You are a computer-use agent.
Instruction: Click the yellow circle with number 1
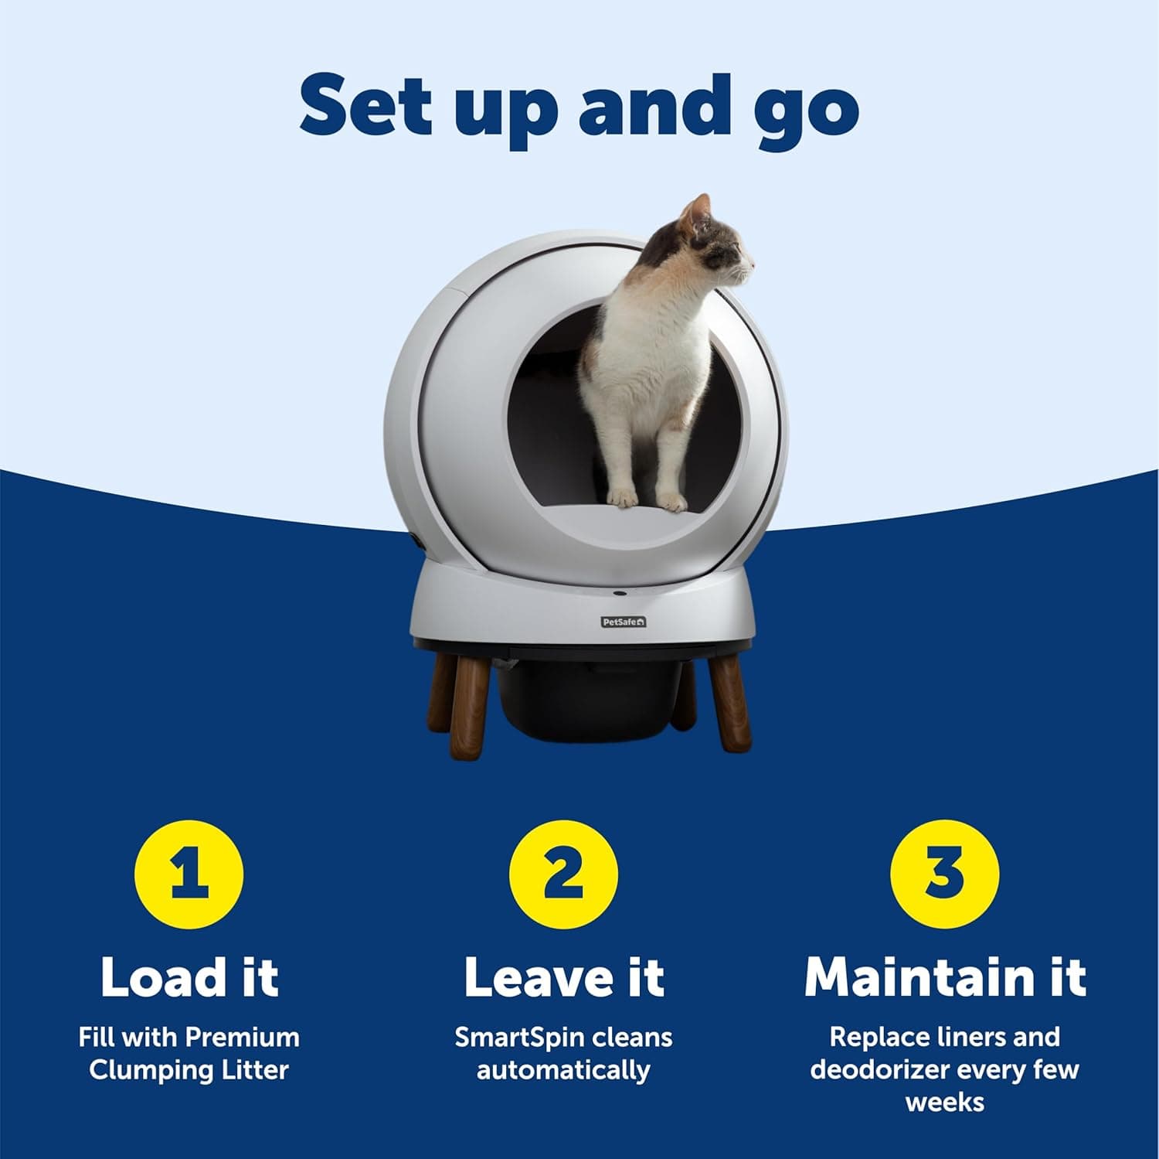[x=189, y=874]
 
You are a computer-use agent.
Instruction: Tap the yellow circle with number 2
[x=563, y=874]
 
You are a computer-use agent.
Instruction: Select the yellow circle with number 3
[x=944, y=874]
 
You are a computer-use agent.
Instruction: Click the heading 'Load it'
[x=189, y=977]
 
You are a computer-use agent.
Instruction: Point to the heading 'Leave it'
[x=563, y=977]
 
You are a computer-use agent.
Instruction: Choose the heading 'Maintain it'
[x=944, y=977]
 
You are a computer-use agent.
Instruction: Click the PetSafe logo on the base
[x=624, y=622]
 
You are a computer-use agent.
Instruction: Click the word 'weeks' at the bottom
[x=944, y=1102]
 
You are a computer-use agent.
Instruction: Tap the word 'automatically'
[x=563, y=1071]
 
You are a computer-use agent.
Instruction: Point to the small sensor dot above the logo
[x=620, y=594]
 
